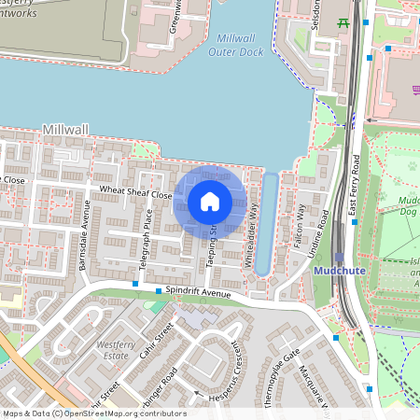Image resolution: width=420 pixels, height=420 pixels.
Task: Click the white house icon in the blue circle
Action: point(210,201)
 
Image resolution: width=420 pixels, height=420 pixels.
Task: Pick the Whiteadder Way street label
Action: point(251,237)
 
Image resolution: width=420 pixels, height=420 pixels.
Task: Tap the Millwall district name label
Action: point(64,129)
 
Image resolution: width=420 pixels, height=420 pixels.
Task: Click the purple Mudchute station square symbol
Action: point(339,257)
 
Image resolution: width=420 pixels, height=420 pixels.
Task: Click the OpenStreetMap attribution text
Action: point(93,413)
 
